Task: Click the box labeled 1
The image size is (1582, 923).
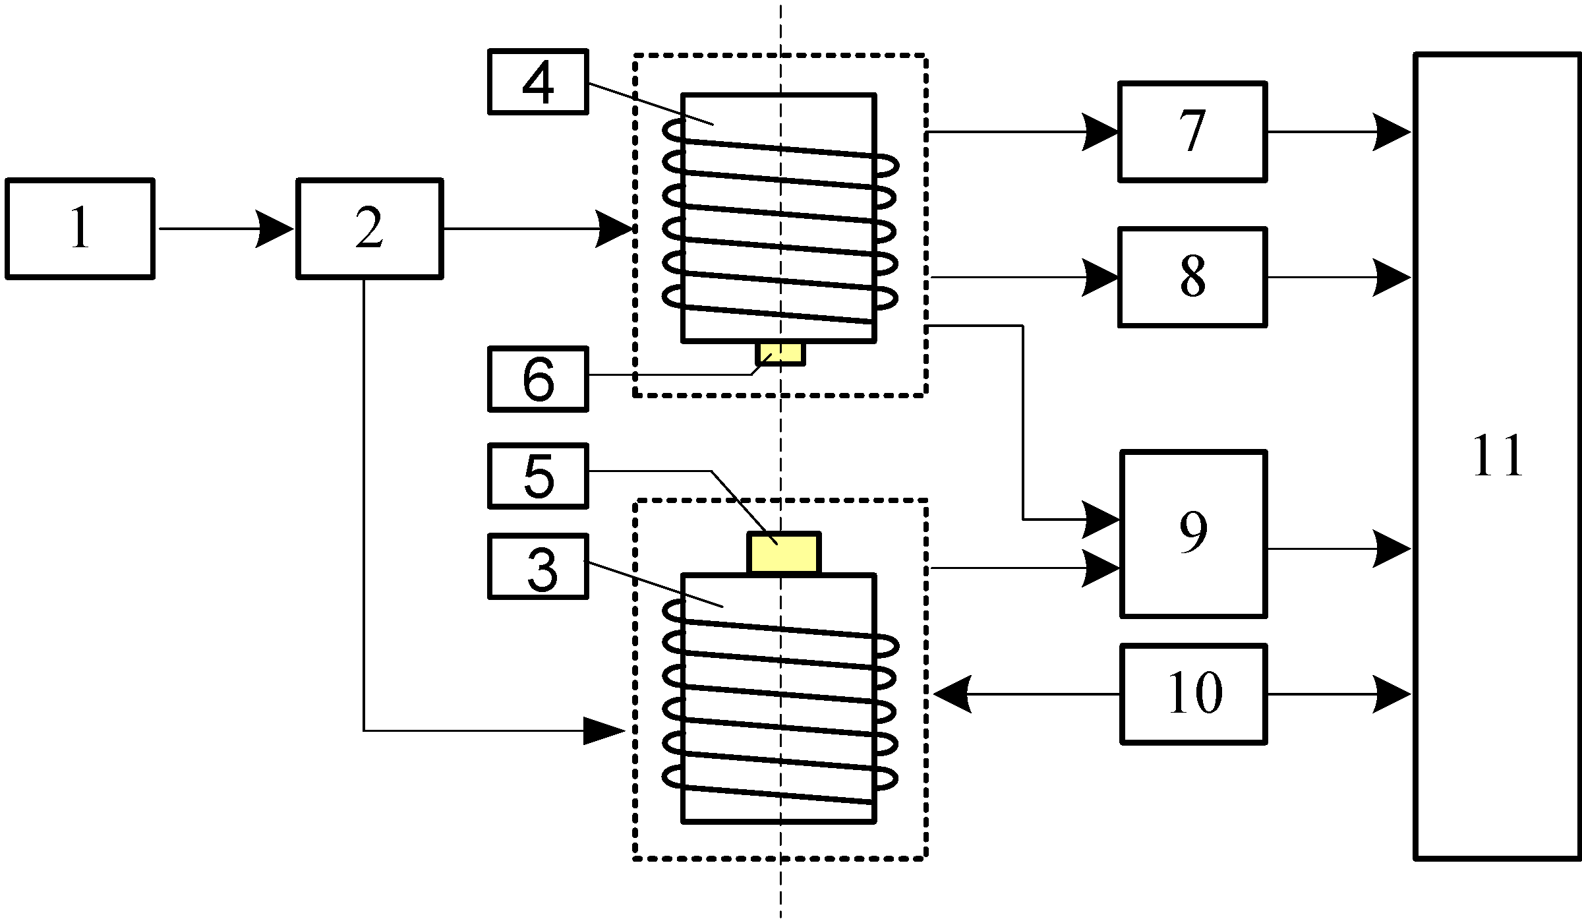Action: [x=80, y=229]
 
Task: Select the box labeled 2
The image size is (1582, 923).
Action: [x=369, y=229]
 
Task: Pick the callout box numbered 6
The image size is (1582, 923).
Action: [x=538, y=379]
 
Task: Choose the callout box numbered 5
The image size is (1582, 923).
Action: [x=538, y=476]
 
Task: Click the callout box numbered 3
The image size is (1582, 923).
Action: [x=538, y=567]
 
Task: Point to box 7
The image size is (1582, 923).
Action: [x=1192, y=132]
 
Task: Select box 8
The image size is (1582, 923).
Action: [x=1192, y=277]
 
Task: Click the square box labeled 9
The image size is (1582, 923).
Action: [x=1193, y=534]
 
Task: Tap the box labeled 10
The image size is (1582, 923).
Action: [x=1193, y=694]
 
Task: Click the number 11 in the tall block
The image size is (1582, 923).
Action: [x=1498, y=456]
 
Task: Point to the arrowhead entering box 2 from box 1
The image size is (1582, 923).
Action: [x=274, y=229]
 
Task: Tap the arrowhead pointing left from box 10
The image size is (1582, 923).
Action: [x=952, y=694]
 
